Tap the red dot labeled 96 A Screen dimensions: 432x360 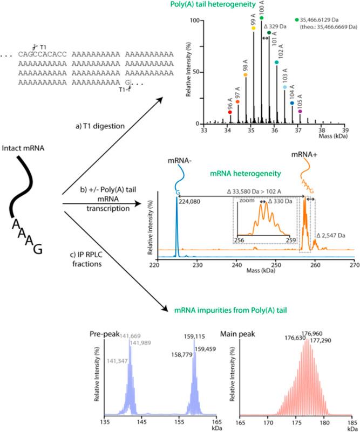pyautogui.click(x=230, y=97)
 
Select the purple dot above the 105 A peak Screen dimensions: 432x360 pyautogui.click(x=300, y=111)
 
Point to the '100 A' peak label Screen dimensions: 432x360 pyautogui.click(x=261, y=10)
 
